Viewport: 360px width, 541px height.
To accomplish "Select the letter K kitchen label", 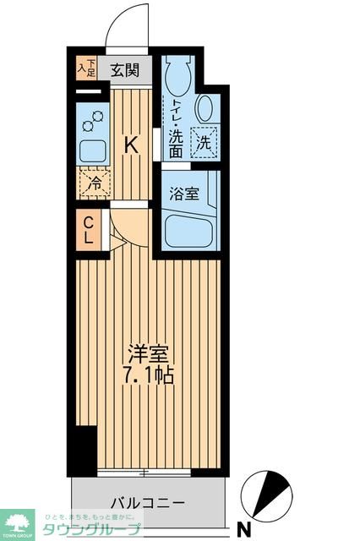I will tap(131, 146).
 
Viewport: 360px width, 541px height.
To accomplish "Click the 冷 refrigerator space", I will tap(95, 181).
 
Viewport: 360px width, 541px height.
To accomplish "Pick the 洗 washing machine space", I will tap(204, 141).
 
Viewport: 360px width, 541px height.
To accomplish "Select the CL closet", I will tap(89, 230).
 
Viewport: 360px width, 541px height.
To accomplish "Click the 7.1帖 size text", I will tap(150, 374).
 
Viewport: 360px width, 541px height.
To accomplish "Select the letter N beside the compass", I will tap(243, 530).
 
